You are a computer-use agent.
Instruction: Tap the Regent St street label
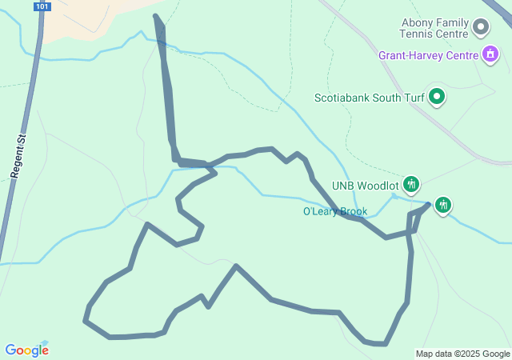[18, 156]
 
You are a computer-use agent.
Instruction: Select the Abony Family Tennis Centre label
[434, 29]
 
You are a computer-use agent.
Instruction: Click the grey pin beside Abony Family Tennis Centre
[481, 28]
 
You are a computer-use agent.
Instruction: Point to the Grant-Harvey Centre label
[428, 56]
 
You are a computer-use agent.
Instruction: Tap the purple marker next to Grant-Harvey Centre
[490, 55]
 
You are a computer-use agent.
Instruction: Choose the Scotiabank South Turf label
[367, 98]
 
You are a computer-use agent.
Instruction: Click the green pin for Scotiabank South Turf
[437, 98]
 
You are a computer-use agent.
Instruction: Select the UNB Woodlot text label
[365, 186]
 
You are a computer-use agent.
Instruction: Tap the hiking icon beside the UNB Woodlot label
[411, 185]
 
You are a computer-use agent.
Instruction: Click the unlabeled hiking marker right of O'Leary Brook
[442, 205]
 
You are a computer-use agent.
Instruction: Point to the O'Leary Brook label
[334, 212]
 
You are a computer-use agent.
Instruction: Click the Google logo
[26, 350]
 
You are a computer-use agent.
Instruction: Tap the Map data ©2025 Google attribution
[462, 354]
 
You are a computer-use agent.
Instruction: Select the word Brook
[352, 212]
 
